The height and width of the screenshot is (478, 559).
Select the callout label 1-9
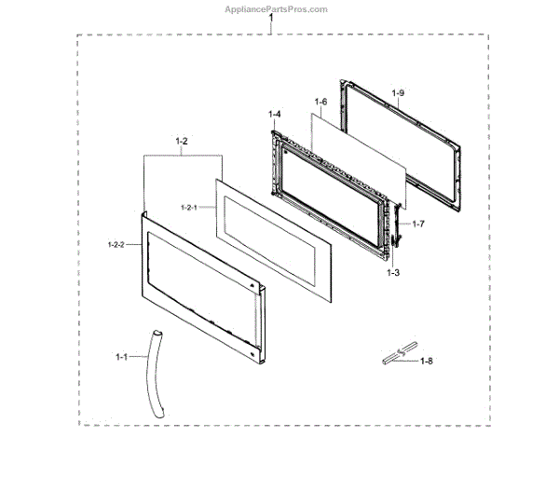click(x=398, y=92)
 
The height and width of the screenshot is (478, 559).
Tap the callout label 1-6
click(x=320, y=101)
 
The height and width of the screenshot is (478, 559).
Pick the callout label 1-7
click(x=418, y=224)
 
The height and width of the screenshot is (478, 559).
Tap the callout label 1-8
click(x=427, y=361)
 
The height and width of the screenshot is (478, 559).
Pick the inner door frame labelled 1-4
click(x=279, y=186)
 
